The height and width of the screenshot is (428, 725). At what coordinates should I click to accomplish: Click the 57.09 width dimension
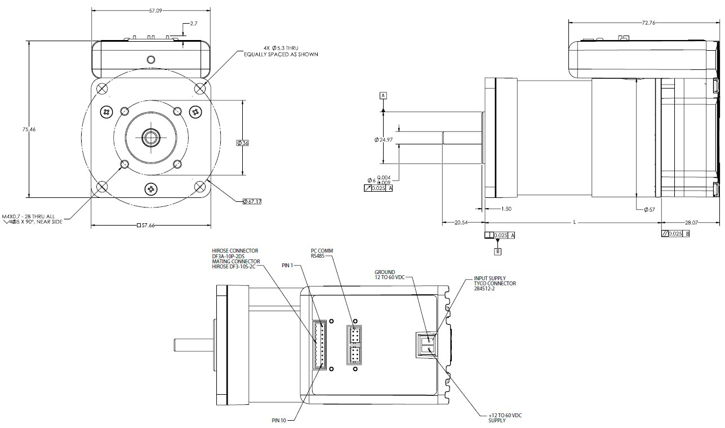point(151,11)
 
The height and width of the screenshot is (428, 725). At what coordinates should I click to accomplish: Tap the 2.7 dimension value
point(193,24)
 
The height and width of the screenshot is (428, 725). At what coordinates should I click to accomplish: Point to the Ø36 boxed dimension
point(243,143)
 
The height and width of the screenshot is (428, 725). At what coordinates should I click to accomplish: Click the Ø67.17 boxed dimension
point(252,201)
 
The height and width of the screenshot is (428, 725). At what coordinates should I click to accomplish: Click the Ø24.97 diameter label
point(383,139)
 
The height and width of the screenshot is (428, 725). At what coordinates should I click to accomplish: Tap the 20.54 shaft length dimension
point(462,222)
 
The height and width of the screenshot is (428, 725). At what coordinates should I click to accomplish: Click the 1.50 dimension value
point(506,209)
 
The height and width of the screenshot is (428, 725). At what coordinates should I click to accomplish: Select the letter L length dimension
point(574,222)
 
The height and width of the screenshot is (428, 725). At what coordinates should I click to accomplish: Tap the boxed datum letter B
point(497,251)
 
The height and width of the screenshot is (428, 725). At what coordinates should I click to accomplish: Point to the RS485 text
point(319,255)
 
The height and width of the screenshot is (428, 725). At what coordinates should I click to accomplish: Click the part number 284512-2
point(486,289)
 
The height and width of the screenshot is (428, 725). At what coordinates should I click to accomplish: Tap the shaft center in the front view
point(150,137)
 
